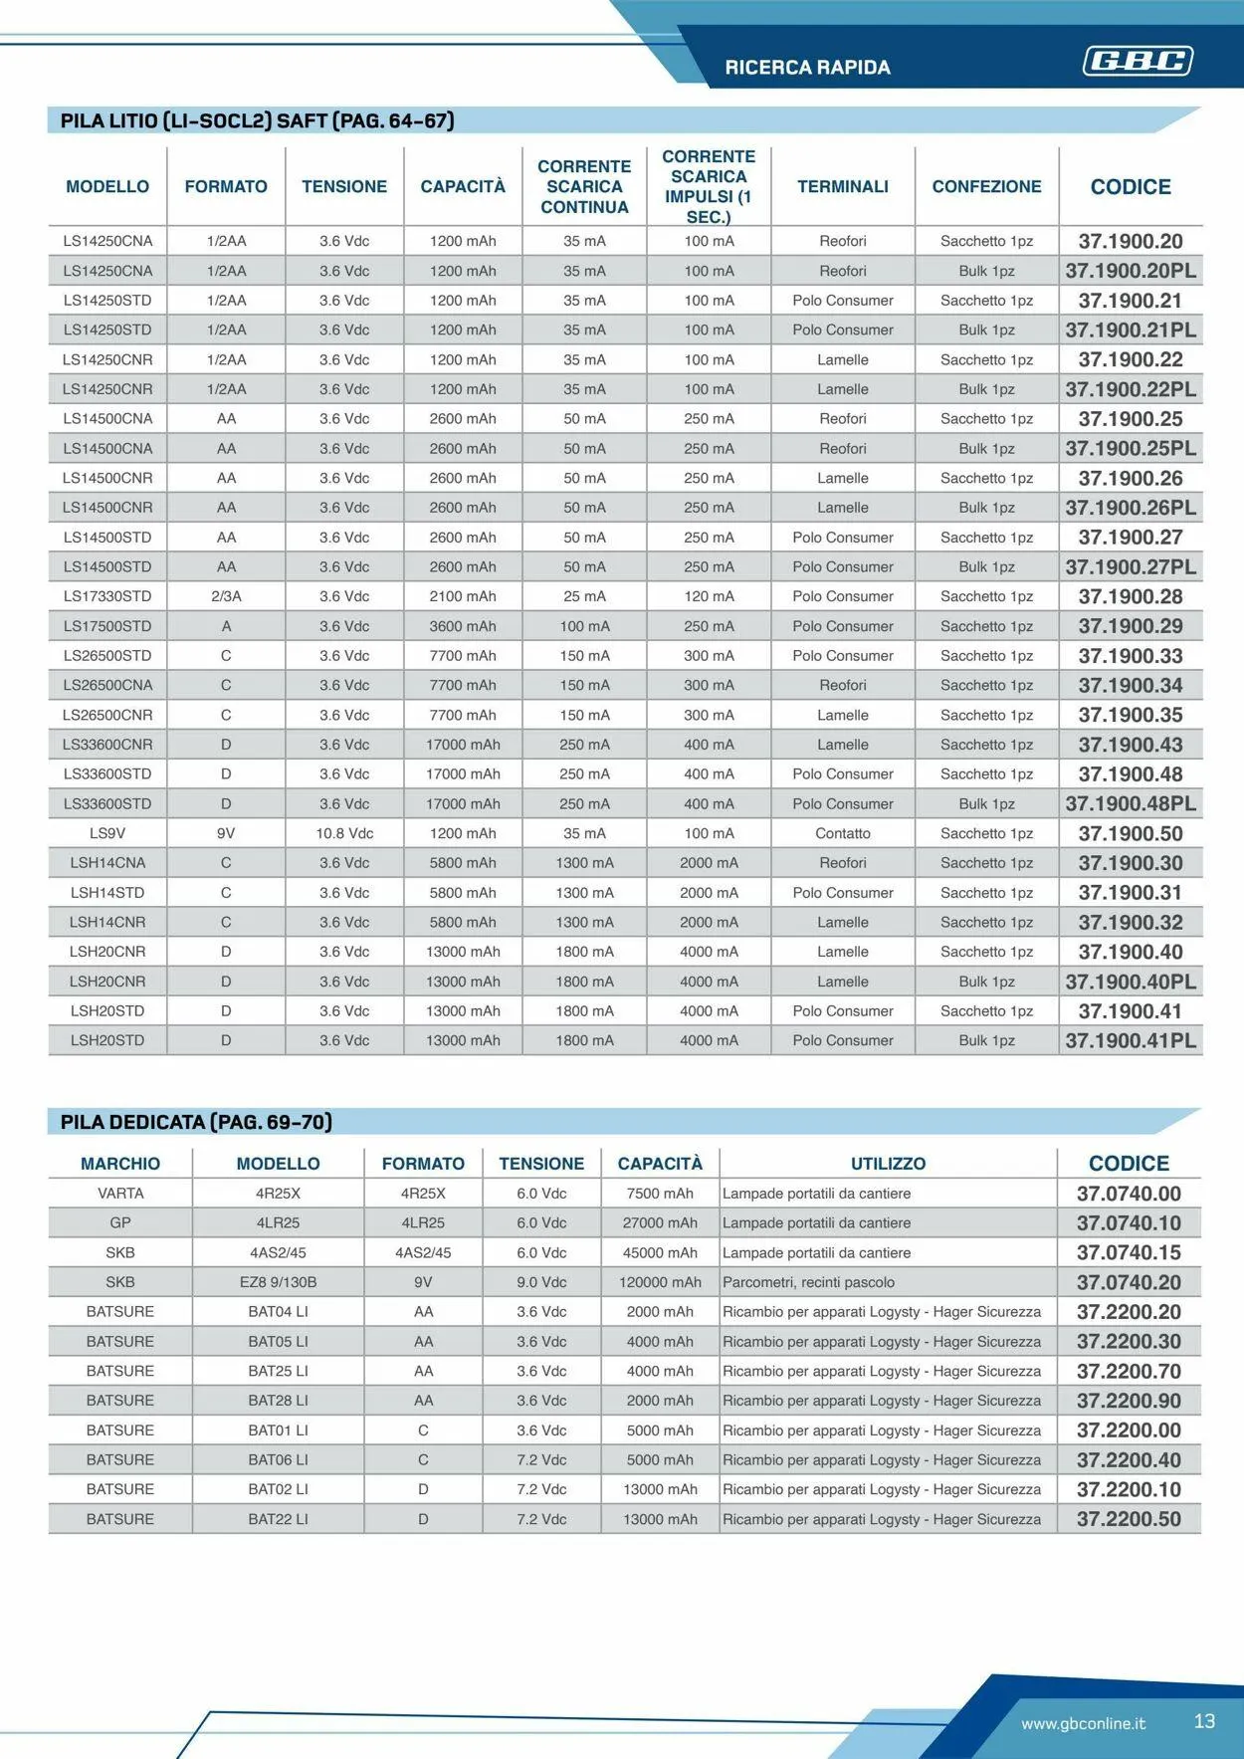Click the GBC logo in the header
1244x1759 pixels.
(x=1138, y=62)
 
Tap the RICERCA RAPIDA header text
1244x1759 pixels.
(x=807, y=68)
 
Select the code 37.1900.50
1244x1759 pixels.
(x=1131, y=833)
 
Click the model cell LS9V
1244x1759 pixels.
(x=107, y=833)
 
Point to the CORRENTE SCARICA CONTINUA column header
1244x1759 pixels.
(x=584, y=187)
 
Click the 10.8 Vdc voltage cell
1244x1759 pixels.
(x=344, y=833)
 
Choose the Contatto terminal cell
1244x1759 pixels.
(x=842, y=833)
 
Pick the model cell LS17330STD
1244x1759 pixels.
(x=107, y=596)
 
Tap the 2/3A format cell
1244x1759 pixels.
(x=226, y=596)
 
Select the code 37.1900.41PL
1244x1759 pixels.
(x=1131, y=1040)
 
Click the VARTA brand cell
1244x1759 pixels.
(x=120, y=1194)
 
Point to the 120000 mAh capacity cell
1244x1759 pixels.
(x=660, y=1282)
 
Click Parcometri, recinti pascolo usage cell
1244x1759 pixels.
(x=808, y=1282)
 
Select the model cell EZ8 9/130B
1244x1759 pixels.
(x=278, y=1282)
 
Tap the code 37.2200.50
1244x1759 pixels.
(x=1129, y=1519)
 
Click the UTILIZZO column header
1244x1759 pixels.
(x=888, y=1164)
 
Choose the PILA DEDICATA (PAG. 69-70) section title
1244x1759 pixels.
(x=196, y=1122)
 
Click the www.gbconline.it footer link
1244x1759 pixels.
(x=1083, y=1723)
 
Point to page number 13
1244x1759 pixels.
(x=1204, y=1721)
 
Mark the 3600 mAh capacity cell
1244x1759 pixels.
(x=463, y=626)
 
